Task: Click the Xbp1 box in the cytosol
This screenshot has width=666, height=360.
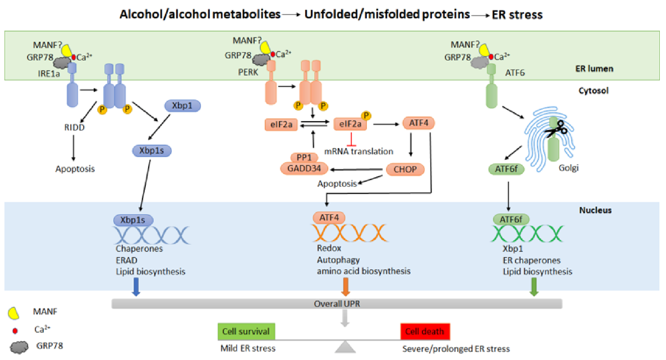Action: point(182,106)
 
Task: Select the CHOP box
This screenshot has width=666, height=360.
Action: point(405,169)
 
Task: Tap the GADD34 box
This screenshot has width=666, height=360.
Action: point(304,168)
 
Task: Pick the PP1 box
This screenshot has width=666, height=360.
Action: point(304,157)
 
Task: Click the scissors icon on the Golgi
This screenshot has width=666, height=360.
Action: point(556,130)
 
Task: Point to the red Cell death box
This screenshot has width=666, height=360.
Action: point(425,331)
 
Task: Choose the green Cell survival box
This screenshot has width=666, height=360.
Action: point(246,331)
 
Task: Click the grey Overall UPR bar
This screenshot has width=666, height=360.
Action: point(337,304)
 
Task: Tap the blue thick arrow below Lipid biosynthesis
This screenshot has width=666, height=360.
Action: point(136,287)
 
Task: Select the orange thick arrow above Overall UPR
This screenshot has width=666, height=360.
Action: point(346,287)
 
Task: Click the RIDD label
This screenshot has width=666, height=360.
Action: point(74,127)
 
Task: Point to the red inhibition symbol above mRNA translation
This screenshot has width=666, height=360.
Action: point(351,140)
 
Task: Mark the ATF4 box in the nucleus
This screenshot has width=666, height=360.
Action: point(329,218)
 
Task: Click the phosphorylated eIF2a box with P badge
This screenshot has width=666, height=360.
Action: point(350,124)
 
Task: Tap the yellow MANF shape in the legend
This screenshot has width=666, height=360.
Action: point(14,313)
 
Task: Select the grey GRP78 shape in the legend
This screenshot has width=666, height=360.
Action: point(19,347)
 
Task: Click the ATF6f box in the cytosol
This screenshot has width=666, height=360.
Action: point(506,169)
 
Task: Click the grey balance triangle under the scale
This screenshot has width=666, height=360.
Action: point(345,347)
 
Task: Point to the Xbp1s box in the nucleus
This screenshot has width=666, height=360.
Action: point(133,220)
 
